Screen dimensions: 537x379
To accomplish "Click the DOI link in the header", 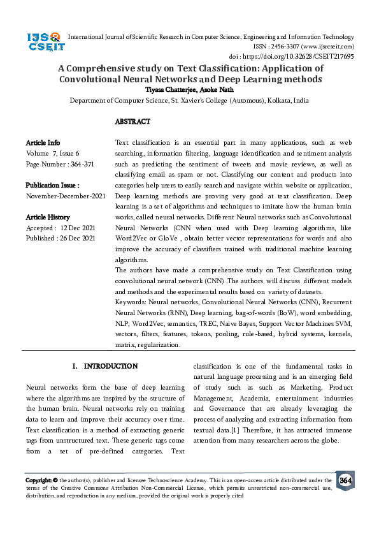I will tap(309, 56).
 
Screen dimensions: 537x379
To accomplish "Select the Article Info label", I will tap(43, 143).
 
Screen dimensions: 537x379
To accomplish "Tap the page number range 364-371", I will tap(79, 164).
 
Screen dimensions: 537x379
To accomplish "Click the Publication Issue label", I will tap(52, 186).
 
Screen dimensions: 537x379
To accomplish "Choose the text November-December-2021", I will tap(66, 196).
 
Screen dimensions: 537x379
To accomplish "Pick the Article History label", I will tap(48, 217).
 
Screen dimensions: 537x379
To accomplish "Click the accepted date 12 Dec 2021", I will tap(78, 228).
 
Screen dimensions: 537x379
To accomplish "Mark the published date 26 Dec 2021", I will tap(78, 238).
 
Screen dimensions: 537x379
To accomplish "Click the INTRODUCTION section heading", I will tap(110, 366).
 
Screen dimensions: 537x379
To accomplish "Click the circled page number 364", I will tap(345, 480).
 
